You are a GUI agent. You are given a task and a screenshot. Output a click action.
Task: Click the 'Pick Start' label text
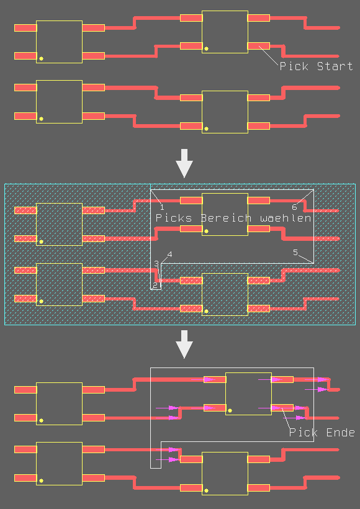tap(316, 66)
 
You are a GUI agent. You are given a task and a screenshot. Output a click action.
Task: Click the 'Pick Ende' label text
tap(322, 432)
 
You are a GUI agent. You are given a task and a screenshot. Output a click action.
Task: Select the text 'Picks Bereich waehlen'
tap(233, 217)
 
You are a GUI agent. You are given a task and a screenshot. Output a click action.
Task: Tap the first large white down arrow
tap(184, 163)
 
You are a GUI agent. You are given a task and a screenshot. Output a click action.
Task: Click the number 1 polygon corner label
tap(162, 207)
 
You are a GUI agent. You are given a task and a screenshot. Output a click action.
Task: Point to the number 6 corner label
tap(294, 207)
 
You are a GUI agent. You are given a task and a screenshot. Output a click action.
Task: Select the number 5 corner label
tap(295, 252)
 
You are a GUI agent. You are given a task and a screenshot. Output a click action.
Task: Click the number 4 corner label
tap(169, 254)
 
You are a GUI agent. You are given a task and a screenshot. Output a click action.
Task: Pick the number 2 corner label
tap(155, 285)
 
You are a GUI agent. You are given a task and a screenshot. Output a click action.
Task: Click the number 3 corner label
tap(156, 263)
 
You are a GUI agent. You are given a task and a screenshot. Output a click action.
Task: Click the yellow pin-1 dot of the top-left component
tap(41, 59)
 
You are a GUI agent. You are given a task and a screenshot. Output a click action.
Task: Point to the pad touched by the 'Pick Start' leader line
tap(259, 46)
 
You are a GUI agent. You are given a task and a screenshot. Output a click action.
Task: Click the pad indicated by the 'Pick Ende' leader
tap(282, 407)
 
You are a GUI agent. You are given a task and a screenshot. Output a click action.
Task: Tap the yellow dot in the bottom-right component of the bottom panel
tap(206, 490)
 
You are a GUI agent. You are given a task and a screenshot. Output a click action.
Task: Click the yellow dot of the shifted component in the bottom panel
tap(230, 411)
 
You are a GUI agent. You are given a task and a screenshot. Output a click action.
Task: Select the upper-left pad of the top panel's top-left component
tap(25, 28)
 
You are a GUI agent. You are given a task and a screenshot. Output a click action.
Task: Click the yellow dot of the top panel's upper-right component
tap(206, 48)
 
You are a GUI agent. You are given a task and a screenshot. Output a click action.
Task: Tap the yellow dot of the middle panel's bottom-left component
tap(41, 301)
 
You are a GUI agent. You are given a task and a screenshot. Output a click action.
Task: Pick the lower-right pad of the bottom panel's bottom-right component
tap(259, 487)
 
